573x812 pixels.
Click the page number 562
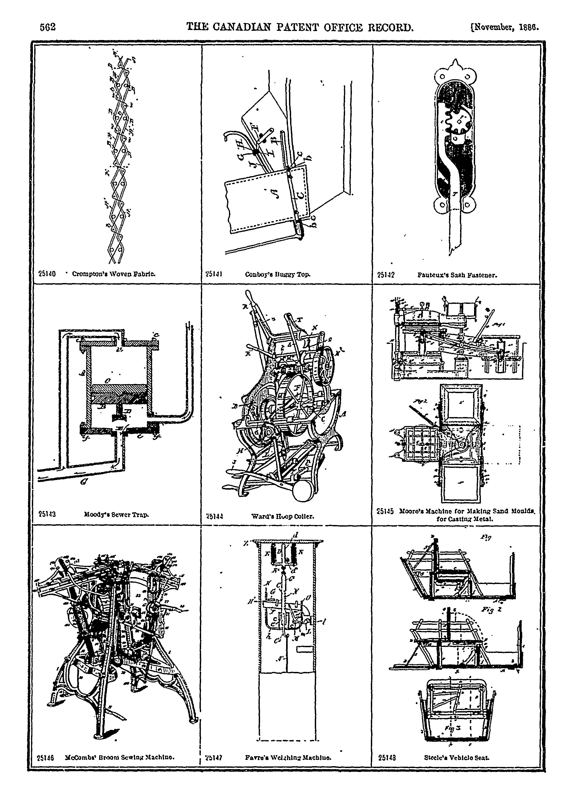(x=48, y=27)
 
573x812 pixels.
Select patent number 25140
(x=47, y=274)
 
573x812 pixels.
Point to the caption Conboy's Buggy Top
(x=278, y=274)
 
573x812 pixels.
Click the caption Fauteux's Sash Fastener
(x=457, y=274)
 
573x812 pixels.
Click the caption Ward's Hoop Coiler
(x=282, y=516)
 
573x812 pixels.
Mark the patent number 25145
(x=385, y=511)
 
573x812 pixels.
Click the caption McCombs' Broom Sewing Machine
(x=120, y=757)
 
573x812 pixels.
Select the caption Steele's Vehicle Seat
(x=457, y=757)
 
